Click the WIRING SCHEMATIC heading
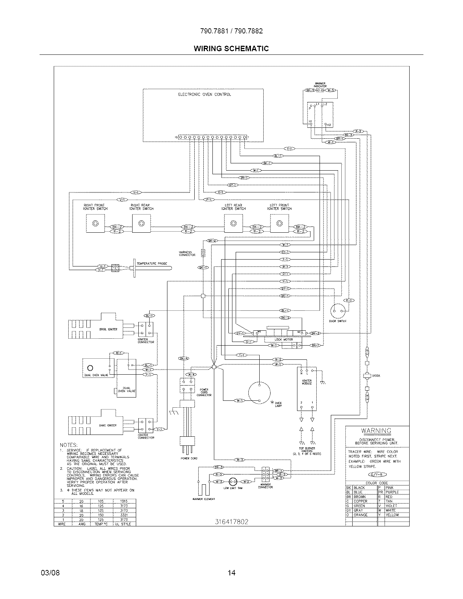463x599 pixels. [x=231, y=49]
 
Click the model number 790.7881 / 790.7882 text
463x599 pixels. [x=231, y=31]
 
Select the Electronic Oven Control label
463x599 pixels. [x=204, y=94]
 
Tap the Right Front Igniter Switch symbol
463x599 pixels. [x=95, y=223]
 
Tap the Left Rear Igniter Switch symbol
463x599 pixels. [x=233, y=223]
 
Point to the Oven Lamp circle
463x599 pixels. [x=259, y=393]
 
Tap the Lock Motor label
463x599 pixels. [x=284, y=339]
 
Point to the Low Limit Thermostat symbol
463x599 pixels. [x=232, y=482]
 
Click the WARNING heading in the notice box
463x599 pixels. [x=376, y=431]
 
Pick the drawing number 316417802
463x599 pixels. [x=231, y=522]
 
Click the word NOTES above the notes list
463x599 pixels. [x=69, y=445]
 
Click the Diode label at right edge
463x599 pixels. [x=376, y=376]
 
